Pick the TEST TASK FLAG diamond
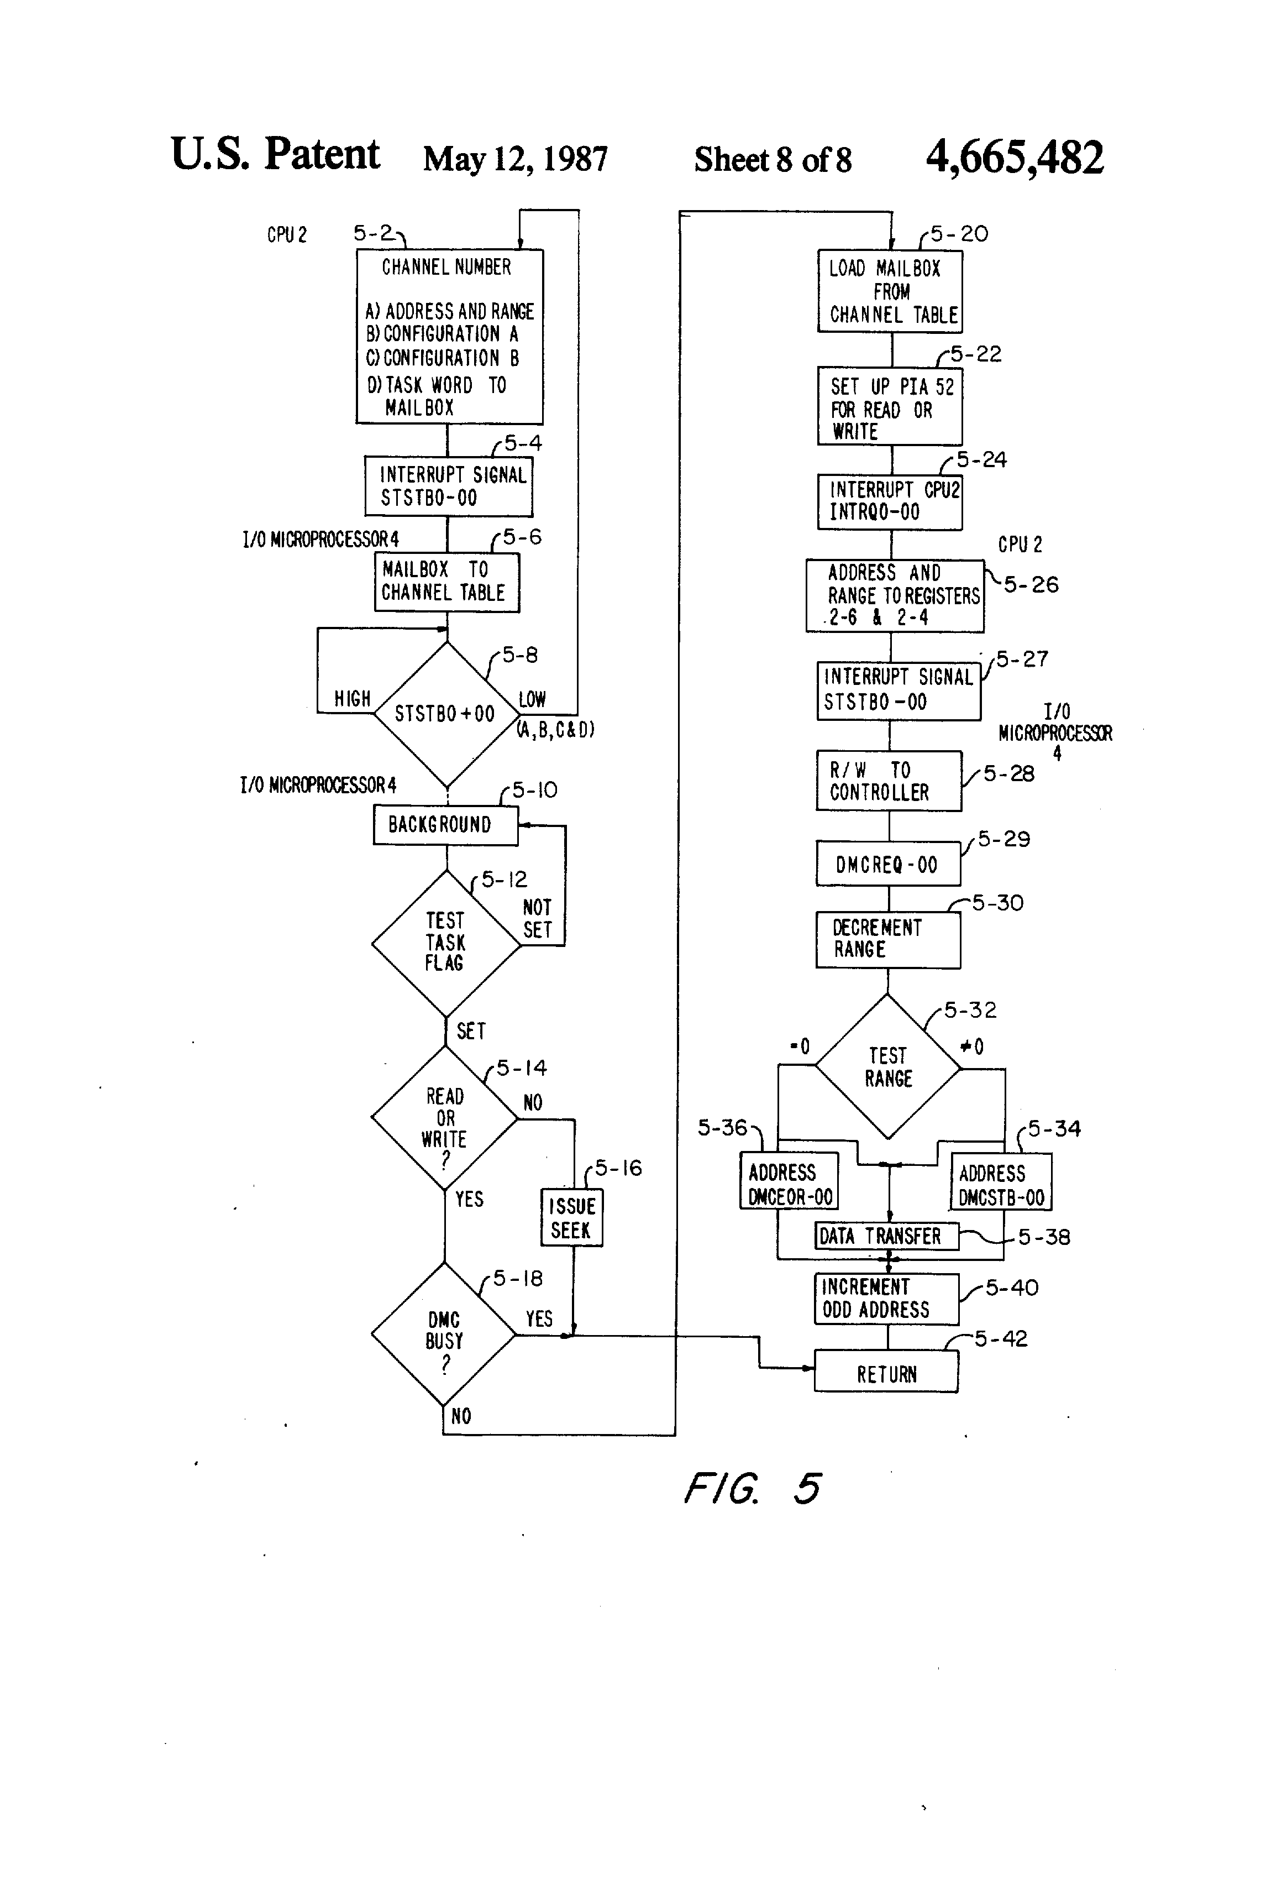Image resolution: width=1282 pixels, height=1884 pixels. coord(445,943)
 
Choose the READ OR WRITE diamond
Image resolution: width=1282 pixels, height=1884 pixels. coord(444,1118)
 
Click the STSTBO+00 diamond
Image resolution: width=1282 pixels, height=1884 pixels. coord(446,713)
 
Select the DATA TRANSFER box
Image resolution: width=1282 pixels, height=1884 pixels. coord(886,1236)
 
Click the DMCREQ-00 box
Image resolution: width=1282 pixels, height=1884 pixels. coord(887,864)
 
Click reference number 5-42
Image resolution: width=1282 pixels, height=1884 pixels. coord(1000,1338)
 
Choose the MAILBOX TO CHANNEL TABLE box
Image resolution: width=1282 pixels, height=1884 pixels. coord(446,581)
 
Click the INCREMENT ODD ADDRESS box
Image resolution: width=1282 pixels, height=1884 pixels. coord(886,1299)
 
